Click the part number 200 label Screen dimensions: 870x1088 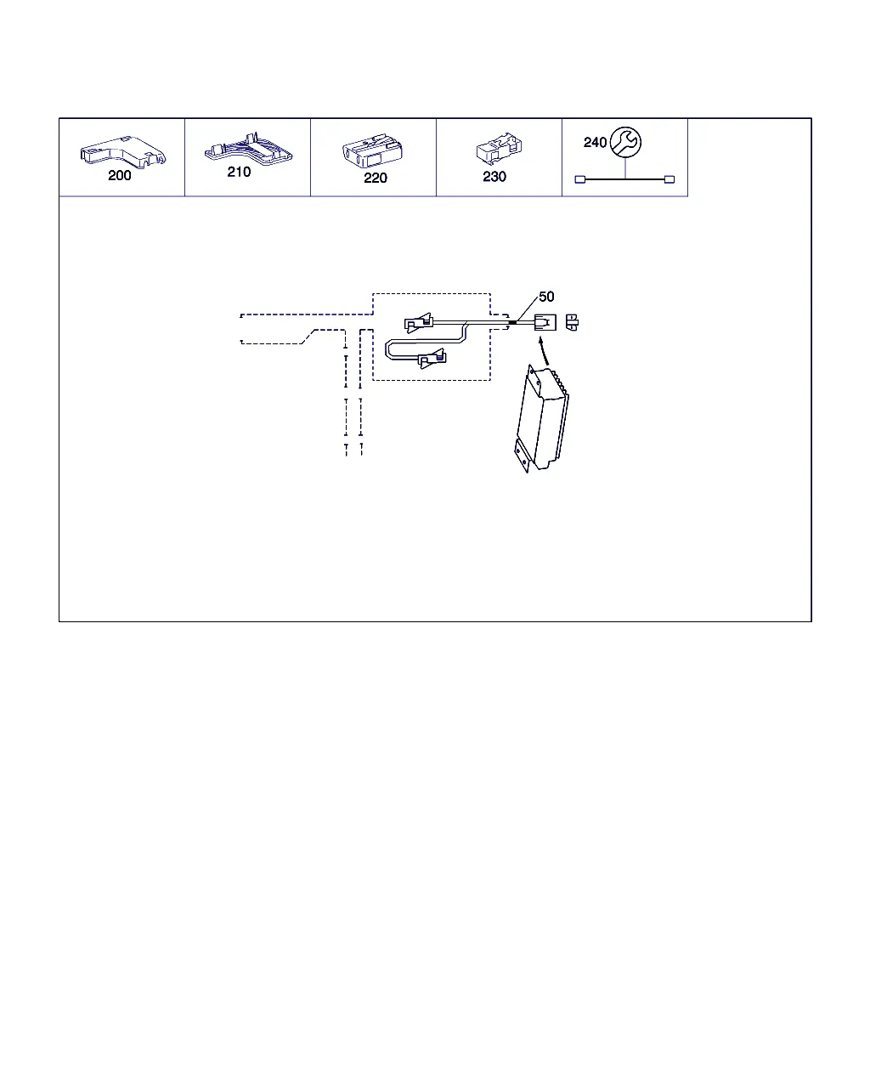(119, 175)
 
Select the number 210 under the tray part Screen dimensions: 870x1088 (239, 172)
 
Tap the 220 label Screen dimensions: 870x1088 (375, 178)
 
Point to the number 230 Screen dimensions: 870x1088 (494, 177)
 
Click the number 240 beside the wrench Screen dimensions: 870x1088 (595, 143)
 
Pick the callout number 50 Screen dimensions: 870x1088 (546, 297)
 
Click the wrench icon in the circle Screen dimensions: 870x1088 (625, 142)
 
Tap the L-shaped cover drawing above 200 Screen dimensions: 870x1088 (123, 150)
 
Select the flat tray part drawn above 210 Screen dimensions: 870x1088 (248, 149)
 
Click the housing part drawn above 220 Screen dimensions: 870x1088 (372, 150)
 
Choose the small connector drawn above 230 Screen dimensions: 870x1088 (499, 148)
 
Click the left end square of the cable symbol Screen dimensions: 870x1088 (579, 179)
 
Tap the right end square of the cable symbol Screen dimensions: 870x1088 (669, 179)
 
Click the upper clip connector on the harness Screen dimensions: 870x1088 (419, 322)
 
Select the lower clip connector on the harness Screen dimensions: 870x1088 (432, 359)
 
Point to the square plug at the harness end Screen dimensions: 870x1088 (545, 322)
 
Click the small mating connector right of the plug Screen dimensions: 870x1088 (572, 322)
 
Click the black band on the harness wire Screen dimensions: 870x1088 (512, 322)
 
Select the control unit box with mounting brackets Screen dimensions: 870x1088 (541, 418)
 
